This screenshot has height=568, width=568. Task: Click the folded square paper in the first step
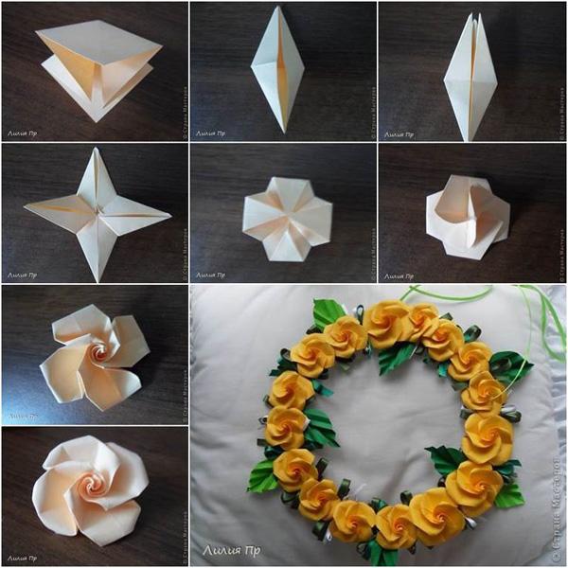click(95, 71)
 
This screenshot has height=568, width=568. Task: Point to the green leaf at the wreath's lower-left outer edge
click(262, 473)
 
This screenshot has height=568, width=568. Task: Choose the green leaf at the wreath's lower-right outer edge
click(509, 493)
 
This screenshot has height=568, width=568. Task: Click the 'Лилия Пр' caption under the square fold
click(21, 133)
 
